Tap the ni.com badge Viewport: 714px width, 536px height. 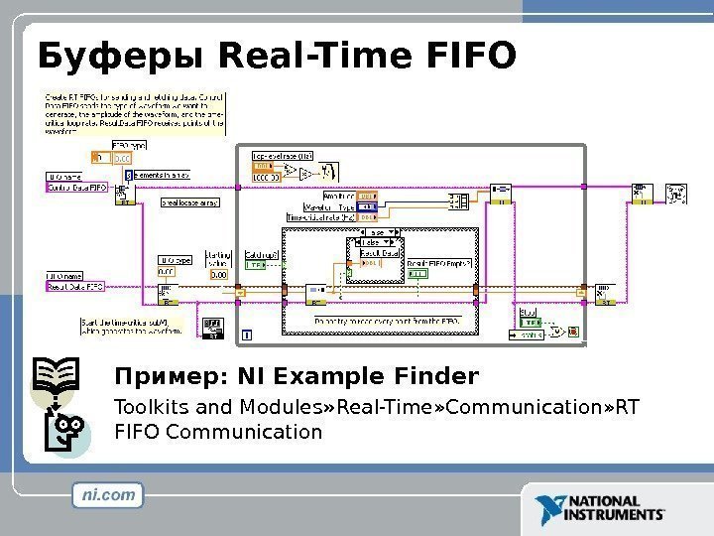click(x=108, y=494)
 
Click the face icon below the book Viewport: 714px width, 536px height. click(x=67, y=434)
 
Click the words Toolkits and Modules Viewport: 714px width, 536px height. click(x=209, y=407)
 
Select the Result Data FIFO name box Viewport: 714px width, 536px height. click(x=75, y=286)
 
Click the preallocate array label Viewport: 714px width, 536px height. click(x=189, y=201)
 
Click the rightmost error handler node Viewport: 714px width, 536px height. click(x=678, y=194)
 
